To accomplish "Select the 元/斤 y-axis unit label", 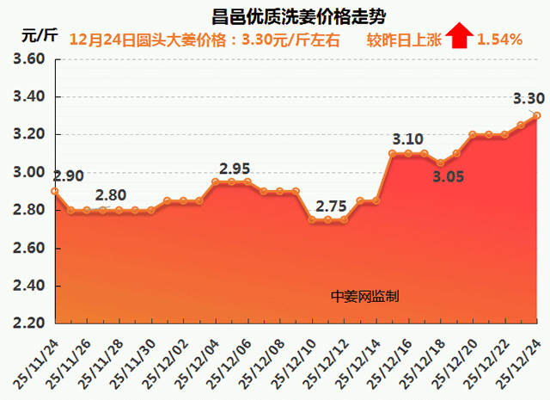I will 39,37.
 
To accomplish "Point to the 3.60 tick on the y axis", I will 29,59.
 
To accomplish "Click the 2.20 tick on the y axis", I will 29,323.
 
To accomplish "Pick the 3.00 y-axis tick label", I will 29,172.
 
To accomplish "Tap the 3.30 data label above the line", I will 528,98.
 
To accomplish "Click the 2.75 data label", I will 332,206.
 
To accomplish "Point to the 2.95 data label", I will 235,169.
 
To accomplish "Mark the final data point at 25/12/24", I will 537,115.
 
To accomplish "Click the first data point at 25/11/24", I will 54,191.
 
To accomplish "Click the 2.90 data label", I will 68,176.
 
